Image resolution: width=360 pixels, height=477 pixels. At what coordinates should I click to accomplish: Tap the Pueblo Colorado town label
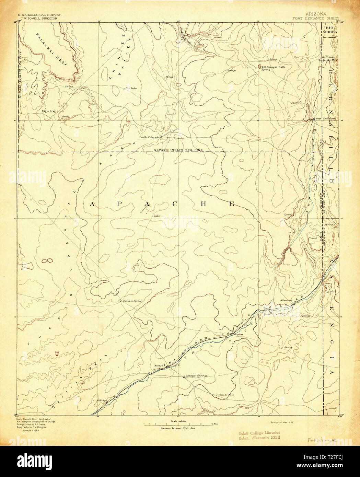click(x=149, y=137)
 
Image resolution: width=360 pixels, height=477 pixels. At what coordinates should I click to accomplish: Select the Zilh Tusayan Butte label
click(x=274, y=67)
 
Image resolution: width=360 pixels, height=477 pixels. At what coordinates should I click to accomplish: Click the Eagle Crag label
click(x=48, y=111)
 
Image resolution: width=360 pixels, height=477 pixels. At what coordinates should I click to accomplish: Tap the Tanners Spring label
click(x=132, y=301)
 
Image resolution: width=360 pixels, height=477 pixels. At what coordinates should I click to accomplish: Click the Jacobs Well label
click(x=225, y=395)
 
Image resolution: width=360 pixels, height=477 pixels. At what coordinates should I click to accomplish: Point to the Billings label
click(x=102, y=400)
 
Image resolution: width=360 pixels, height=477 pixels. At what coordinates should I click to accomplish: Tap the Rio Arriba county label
click(x=330, y=29)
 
